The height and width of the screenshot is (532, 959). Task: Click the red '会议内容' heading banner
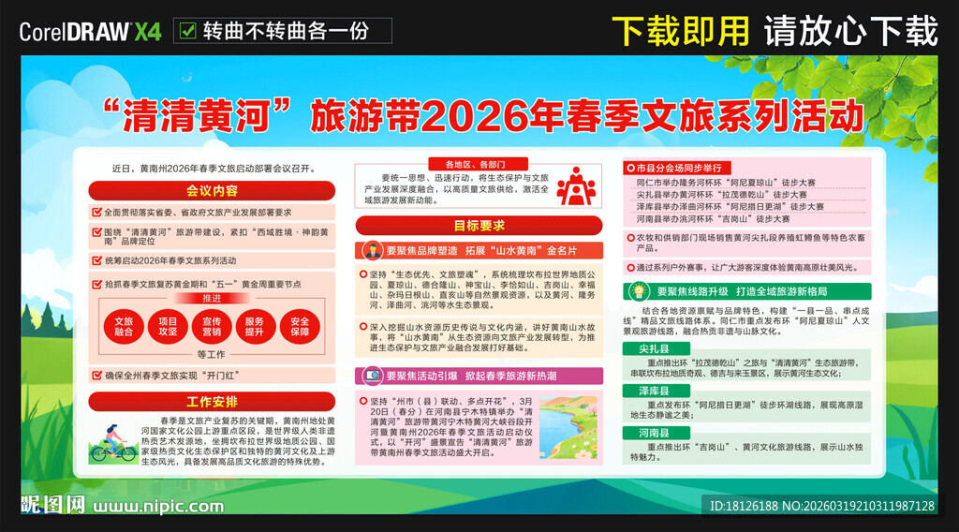click(x=212, y=190)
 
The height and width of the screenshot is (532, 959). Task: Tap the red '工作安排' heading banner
click(x=212, y=402)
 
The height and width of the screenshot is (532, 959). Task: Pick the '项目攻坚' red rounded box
click(x=168, y=326)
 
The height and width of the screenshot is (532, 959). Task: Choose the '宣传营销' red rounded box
click(x=212, y=326)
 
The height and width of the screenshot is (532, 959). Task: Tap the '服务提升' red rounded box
click(x=256, y=326)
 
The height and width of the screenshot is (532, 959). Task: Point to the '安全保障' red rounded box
click(x=300, y=326)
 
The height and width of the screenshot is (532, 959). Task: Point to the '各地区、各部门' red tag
click(x=479, y=163)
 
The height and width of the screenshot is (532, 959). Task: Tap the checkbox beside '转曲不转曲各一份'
click(x=187, y=31)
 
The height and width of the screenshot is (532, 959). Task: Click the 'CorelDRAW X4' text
click(x=89, y=32)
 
